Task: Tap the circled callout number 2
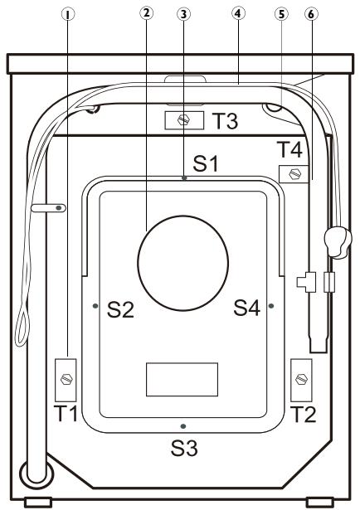[x=147, y=14]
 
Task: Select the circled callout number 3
[x=184, y=14]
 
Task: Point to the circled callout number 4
[x=237, y=14]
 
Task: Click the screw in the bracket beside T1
[x=66, y=378]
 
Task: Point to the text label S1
[x=204, y=164]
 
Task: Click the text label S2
[x=121, y=309]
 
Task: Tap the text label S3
[x=185, y=449]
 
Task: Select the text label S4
[x=248, y=309]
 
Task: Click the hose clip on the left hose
[x=49, y=208]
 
